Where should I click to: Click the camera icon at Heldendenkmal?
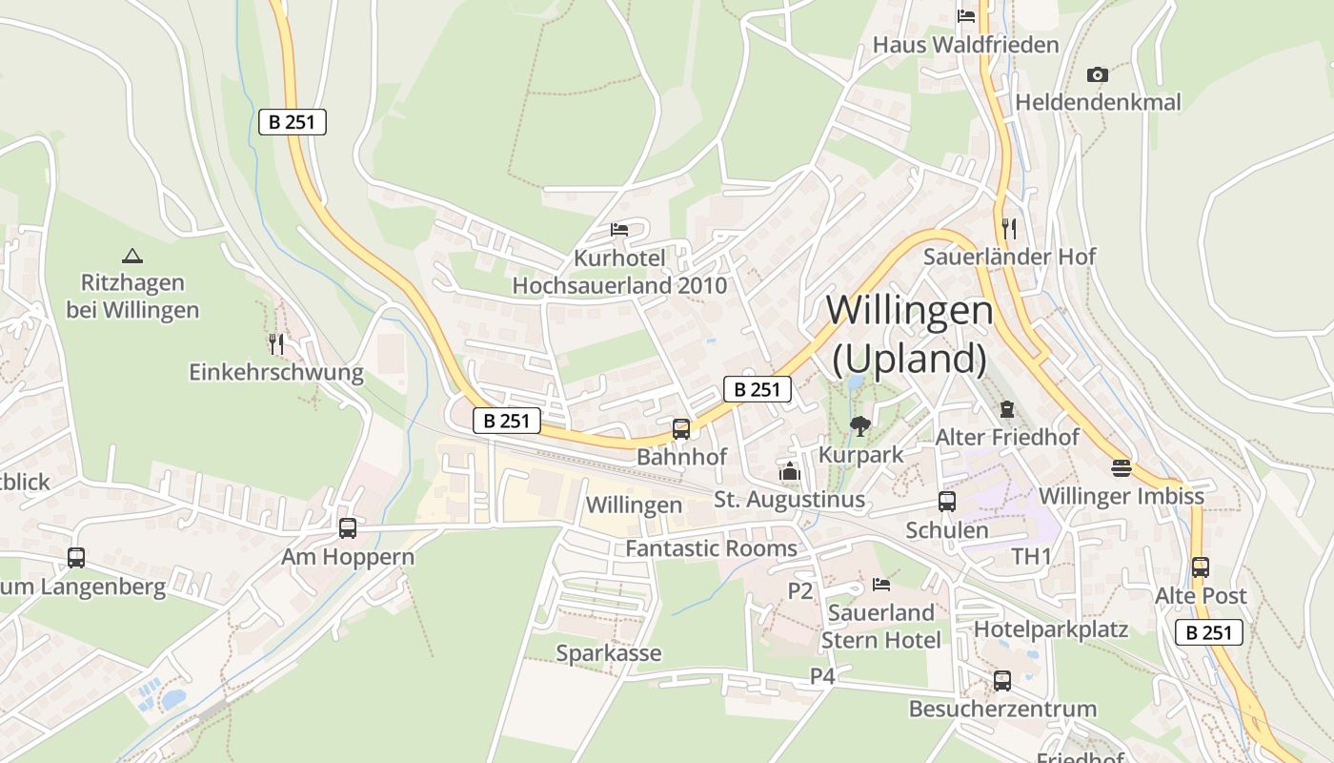click(1098, 74)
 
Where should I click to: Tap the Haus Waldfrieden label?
click(965, 45)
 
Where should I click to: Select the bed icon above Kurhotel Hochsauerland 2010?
click(619, 230)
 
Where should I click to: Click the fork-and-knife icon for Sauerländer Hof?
click(1009, 228)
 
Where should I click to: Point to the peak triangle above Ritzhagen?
click(132, 256)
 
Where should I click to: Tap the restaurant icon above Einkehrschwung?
click(276, 343)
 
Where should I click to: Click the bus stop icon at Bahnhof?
click(680, 429)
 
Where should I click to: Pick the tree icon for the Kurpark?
click(860, 426)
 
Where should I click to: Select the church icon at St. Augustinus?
click(789, 471)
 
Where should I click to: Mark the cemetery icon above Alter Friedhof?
click(1006, 409)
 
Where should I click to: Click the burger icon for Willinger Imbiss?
click(1121, 468)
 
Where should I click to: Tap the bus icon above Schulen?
click(946, 502)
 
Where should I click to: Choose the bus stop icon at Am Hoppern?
click(348, 528)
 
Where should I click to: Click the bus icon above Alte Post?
click(1200, 567)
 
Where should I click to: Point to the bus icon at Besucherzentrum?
click(1001, 681)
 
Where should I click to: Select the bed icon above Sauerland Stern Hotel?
click(880, 584)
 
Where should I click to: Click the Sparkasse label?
click(608, 653)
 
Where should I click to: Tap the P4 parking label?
click(822, 676)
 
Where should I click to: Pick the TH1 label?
click(1031, 556)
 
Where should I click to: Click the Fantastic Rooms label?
click(711, 548)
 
